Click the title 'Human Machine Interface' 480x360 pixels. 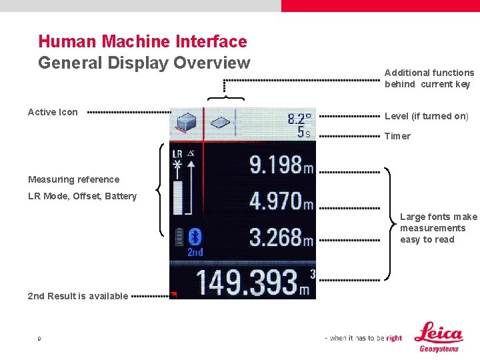point(143,41)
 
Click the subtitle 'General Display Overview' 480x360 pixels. point(144,63)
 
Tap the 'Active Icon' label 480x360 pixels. point(53,112)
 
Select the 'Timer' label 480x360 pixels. point(397,136)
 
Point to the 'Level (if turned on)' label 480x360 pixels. point(426,116)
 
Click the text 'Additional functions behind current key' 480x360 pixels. point(429,78)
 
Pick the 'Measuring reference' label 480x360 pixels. point(73,179)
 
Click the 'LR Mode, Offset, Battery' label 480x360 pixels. point(82,196)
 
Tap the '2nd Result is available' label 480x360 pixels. point(77,296)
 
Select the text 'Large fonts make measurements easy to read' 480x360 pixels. point(438,228)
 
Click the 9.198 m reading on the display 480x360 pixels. point(281,165)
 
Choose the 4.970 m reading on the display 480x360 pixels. point(281,200)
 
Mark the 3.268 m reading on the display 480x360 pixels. point(281,237)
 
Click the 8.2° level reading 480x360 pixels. point(299,119)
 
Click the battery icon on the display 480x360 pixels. point(178,237)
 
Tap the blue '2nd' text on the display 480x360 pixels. point(195,253)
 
